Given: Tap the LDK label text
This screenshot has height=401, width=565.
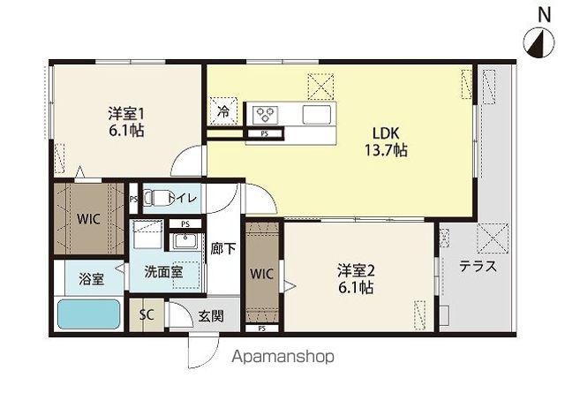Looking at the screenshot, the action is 386,133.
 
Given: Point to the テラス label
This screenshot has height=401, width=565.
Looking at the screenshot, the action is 478,267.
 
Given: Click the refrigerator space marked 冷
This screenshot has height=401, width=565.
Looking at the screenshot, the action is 223,111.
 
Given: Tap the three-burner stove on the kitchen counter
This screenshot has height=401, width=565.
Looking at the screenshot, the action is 265,115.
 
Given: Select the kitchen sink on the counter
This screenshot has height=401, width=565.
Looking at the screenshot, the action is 316,115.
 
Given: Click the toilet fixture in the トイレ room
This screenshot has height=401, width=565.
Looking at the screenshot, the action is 157,198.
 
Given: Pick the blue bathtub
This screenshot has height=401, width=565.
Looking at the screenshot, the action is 88,314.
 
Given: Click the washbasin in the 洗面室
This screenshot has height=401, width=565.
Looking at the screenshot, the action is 185,241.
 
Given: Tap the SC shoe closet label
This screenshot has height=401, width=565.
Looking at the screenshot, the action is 147,314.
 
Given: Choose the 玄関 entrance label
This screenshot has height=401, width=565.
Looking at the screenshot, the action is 211,316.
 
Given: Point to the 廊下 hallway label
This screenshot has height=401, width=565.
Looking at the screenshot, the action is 223,248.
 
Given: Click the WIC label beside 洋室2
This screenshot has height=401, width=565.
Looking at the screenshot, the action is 261,274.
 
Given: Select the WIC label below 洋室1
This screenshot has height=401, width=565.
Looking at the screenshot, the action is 88,219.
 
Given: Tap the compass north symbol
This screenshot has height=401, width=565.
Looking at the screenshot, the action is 539,43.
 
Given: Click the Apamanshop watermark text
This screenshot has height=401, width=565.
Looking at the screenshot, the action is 282,357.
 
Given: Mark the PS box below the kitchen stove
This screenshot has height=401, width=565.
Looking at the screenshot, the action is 265,133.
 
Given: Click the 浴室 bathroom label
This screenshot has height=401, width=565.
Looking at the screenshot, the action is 92,279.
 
